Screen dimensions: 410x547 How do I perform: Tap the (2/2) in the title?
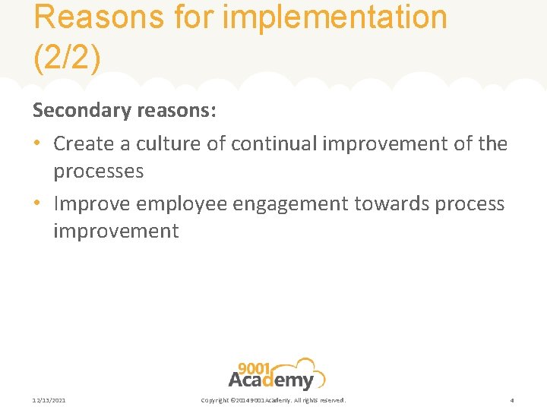(67, 59)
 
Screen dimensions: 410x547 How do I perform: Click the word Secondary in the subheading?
(81, 111)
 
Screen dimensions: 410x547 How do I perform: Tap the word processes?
(98, 172)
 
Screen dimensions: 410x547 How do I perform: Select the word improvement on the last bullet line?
(115, 232)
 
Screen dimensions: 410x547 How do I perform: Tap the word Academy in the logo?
(270, 380)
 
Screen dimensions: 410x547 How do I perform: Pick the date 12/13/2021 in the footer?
(49, 400)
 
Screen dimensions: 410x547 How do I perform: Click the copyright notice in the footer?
(273, 400)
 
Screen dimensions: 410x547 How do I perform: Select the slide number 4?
(512, 400)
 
